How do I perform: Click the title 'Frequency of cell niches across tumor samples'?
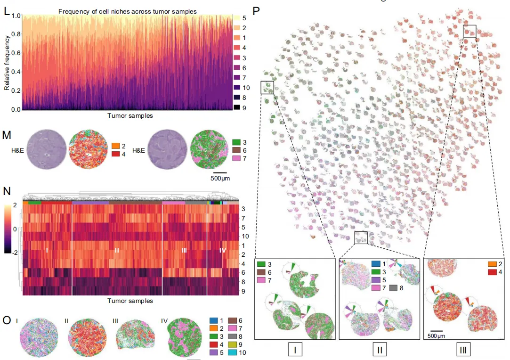pyautogui.click(x=128, y=11)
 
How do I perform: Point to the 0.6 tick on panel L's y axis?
pyautogui.click(x=16, y=53)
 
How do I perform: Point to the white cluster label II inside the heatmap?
pyautogui.click(x=117, y=251)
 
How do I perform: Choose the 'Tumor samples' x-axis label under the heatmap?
pyautogui.click(x=130, y=300)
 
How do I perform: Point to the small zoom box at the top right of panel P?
pyautogui.click(x=470, y=31)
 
